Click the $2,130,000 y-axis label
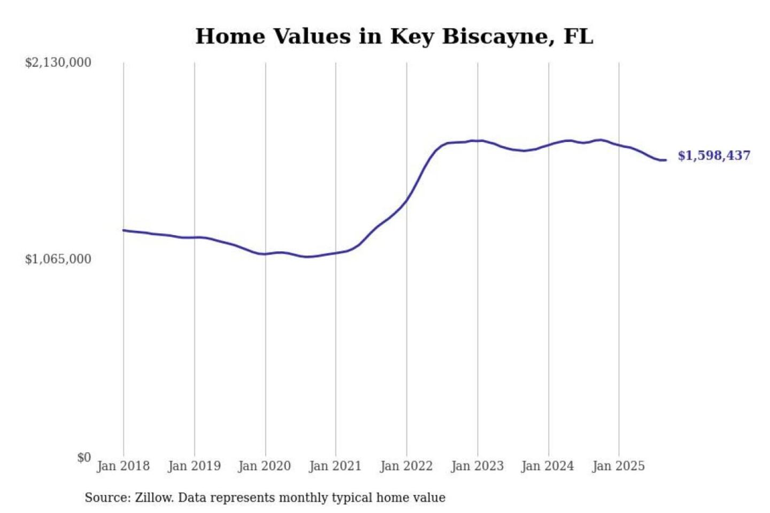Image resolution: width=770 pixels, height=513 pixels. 58,63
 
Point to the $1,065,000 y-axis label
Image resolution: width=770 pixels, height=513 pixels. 58,259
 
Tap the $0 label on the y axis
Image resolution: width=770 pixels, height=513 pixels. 84,457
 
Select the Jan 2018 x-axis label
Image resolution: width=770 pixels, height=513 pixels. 123,466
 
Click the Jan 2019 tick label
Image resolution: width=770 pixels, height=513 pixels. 194,466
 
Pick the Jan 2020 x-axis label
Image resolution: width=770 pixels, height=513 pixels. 265,466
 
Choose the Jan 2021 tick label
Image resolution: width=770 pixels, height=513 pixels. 335,466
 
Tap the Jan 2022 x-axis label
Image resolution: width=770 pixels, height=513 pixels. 406,466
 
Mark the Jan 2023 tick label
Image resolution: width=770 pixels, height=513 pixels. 478,466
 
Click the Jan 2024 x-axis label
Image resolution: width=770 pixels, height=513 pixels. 548,466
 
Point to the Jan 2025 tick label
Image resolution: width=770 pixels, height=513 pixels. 619,466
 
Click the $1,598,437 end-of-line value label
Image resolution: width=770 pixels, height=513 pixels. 714,156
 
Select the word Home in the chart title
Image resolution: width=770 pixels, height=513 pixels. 230,37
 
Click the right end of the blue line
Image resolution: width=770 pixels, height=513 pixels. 665,160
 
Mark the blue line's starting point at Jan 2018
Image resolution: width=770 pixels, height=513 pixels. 124,230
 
